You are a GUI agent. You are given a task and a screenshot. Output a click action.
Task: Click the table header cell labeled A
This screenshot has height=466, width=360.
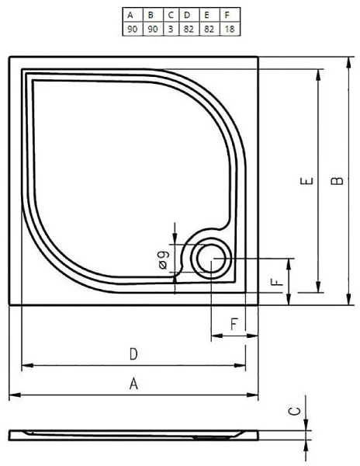click(132, 14)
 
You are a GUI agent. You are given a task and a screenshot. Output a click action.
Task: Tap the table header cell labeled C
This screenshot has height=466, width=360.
click(168, 14)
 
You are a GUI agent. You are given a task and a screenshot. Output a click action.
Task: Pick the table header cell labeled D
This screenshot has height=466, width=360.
click(186, 14)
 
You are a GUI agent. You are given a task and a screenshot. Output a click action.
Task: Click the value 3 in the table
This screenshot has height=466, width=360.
click(168, 29)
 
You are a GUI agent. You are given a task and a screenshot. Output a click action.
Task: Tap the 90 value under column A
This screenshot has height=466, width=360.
click(132, 29)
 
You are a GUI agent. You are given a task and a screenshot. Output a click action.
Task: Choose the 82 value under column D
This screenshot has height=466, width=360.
click(186, 29)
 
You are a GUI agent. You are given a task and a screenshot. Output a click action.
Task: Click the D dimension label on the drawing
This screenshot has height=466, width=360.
click(133, 354)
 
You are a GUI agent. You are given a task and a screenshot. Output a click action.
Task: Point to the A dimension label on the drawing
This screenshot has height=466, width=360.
click(133, 384)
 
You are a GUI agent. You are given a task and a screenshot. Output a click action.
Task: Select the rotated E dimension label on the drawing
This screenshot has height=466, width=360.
click(308, 182)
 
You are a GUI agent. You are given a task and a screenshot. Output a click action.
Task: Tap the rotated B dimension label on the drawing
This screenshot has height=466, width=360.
click(336, 181)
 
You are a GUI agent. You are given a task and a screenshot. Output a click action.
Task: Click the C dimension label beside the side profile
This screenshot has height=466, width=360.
click(293, 412)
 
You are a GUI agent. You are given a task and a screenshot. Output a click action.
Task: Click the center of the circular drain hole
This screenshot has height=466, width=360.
click(210, 259)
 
